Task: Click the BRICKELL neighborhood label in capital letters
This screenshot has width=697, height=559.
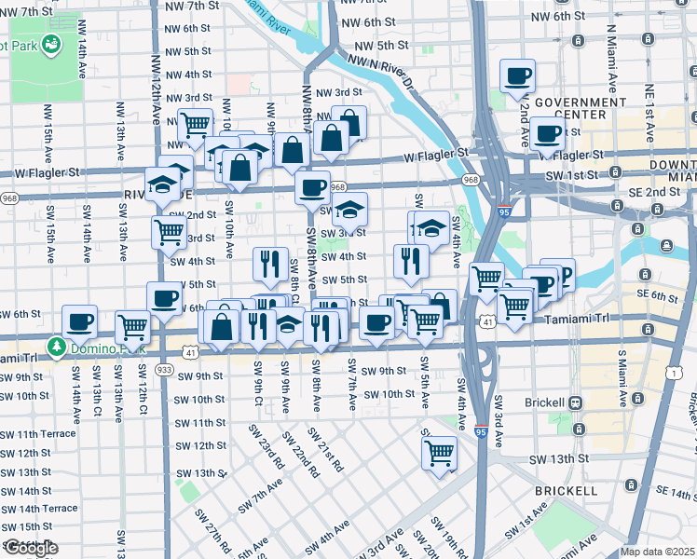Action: click(x=566, y=490)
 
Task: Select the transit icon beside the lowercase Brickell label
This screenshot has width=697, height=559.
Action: click(x=577, y=403)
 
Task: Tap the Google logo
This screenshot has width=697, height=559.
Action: click(x=30, y=548)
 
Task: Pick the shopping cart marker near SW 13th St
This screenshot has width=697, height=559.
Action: click(x=439, y=453)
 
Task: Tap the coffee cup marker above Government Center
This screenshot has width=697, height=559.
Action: click(x=517, y=76)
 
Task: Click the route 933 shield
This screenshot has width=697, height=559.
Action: click(x=164, y=370)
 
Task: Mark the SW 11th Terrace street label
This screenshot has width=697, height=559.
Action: click(x=38, y=435)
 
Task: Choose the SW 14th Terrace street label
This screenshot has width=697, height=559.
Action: click(x=38, y=509)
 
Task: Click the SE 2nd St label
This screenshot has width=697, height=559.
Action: click(x=664, y=193)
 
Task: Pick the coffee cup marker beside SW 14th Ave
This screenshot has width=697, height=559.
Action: click(x=80, y=320)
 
